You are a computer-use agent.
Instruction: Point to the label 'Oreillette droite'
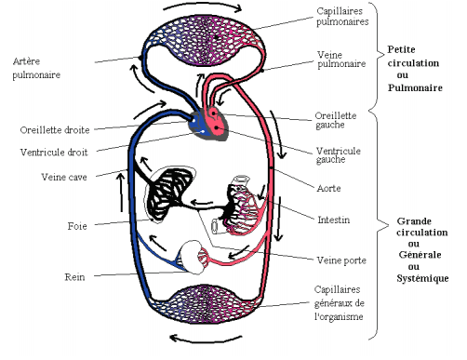pyautogui.click(x=55, y=129)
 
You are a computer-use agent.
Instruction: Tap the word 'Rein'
pyautogui.click(x=75, y=276)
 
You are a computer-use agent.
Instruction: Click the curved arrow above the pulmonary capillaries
pyautogui.click(x=204, y=8)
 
